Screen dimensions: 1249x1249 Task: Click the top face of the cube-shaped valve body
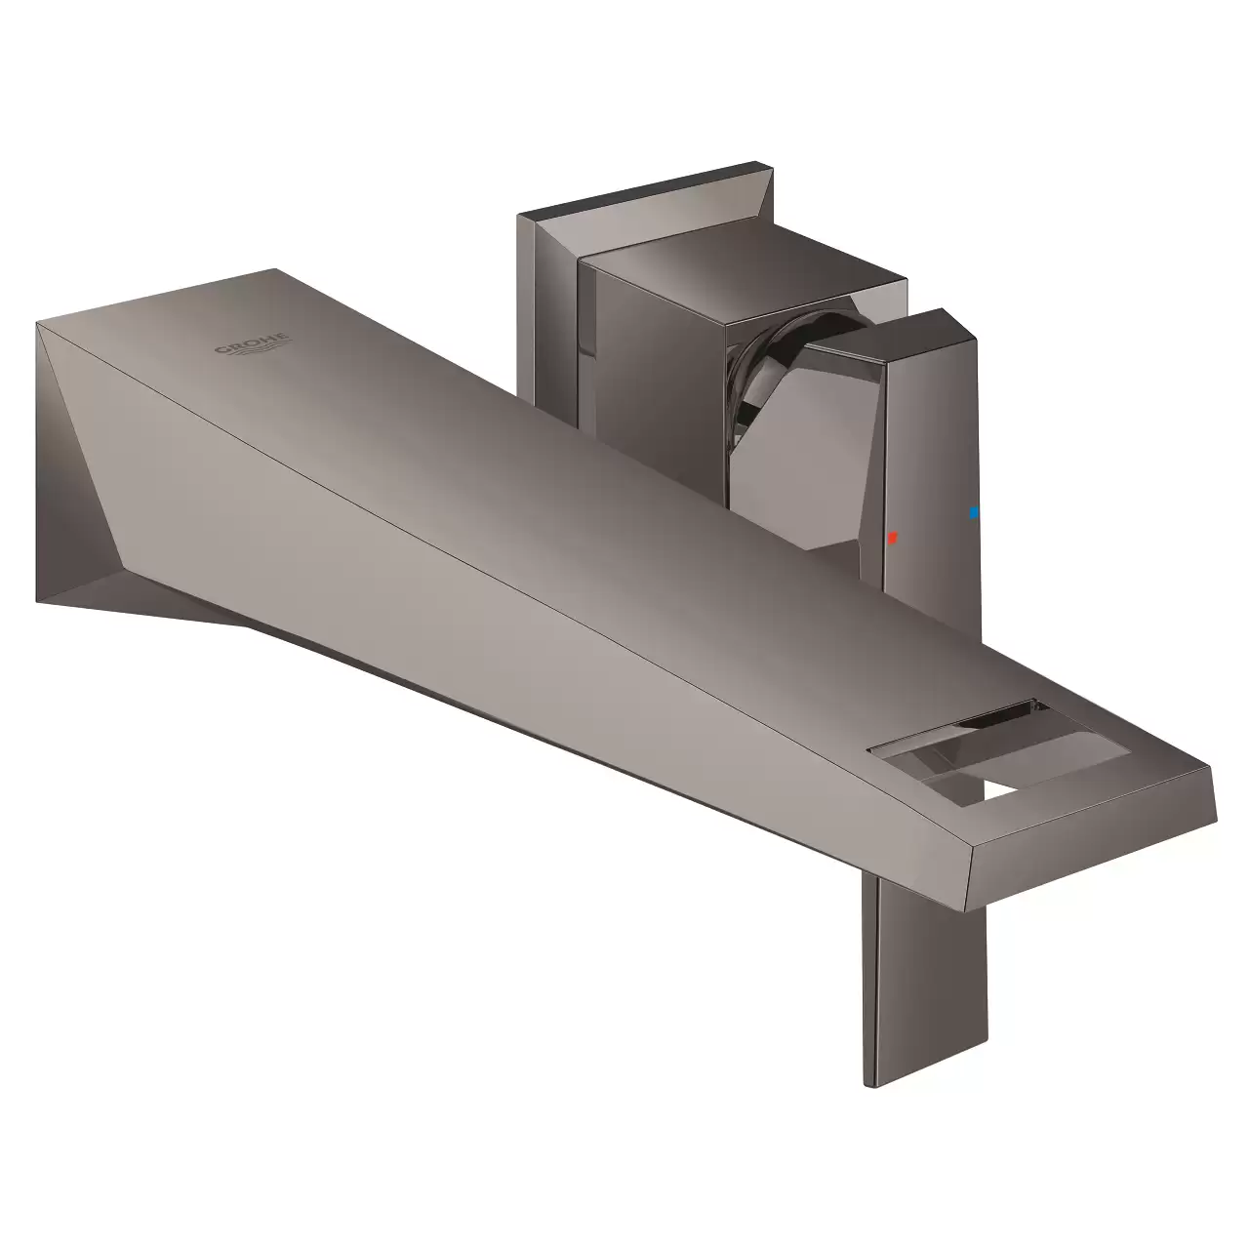pos(743,271)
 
